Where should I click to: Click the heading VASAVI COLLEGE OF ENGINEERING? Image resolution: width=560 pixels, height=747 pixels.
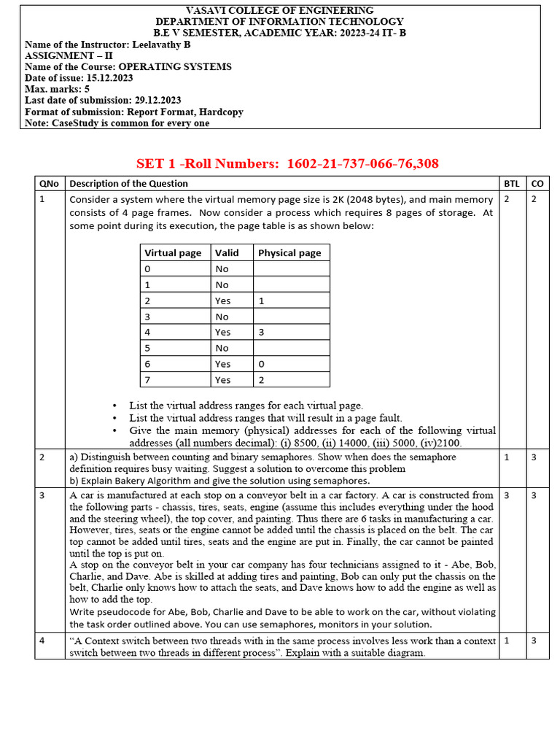(x=280, y=11)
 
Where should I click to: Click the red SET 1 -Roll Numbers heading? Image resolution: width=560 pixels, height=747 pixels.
(x=287, y=163)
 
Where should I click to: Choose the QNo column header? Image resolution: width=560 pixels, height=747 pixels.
(x=50, y=184)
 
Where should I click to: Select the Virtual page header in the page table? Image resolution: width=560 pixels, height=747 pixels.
(x=173, y=253)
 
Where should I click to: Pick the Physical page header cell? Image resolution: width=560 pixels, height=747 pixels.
(x=289, y=253)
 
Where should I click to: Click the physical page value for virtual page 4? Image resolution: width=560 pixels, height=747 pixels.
(x=262, y=332)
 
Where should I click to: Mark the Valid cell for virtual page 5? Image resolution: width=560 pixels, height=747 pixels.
(x=222, y=348)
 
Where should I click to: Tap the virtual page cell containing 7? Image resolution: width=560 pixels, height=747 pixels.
(x=148, y=379)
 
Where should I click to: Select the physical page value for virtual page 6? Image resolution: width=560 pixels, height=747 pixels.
(x=262, y=364)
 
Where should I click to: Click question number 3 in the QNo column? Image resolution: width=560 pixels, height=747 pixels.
(x=42, y=495)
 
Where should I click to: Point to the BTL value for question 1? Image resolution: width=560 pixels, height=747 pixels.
(x=507, y=199)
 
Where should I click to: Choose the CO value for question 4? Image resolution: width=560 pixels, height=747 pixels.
(x=534, y=640)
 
